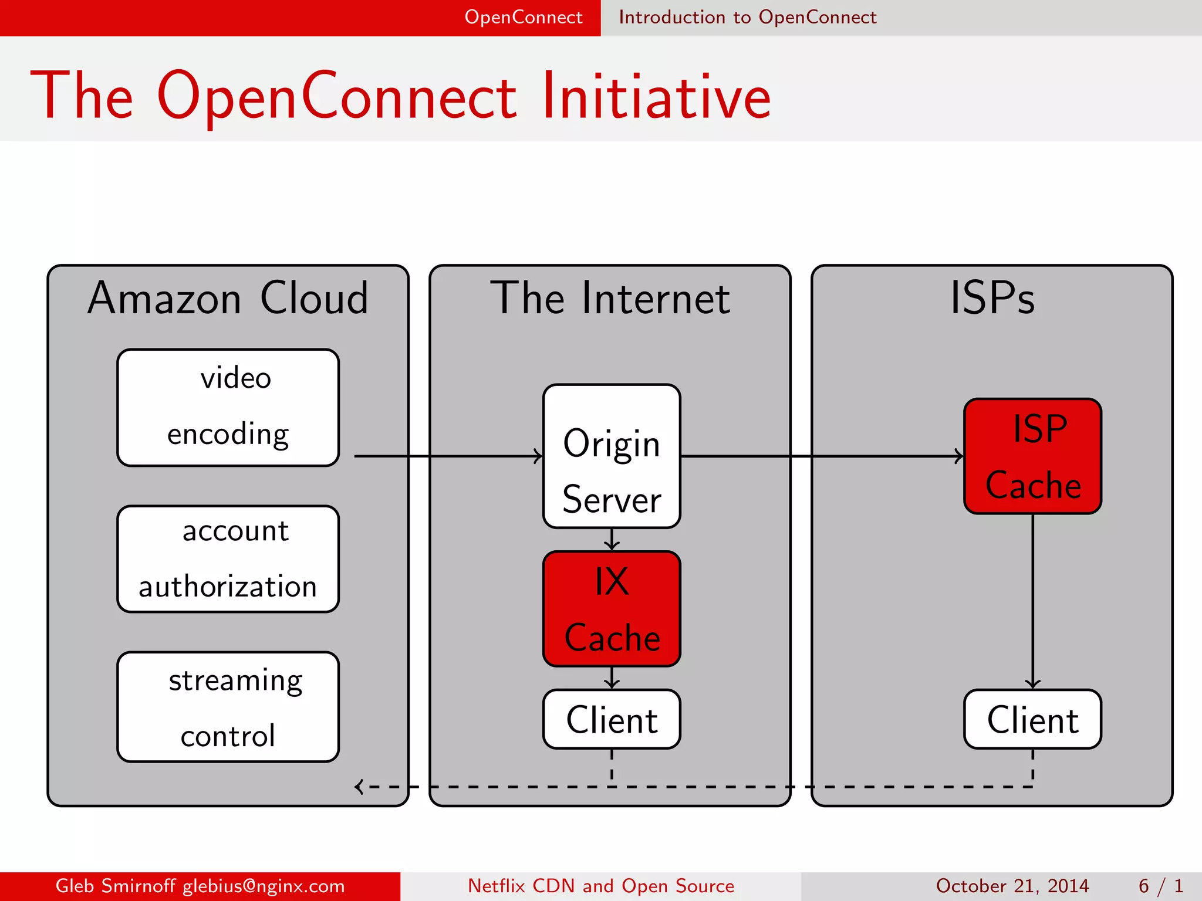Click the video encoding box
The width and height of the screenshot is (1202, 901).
[228, 408]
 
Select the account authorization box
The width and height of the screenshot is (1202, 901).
[228, 558]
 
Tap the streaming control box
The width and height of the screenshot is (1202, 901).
[228, 707]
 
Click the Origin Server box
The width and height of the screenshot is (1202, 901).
[612, 456]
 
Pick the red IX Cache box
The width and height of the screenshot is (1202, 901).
[612, 608]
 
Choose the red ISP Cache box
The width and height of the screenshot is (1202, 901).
[1032, 456]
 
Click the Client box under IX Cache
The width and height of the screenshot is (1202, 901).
[612, 719]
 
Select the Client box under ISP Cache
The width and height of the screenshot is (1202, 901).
[1032, 719]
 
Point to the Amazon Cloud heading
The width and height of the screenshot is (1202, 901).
[228, 298]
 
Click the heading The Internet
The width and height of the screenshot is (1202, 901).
[610, 298]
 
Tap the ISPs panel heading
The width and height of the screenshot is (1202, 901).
[992, 298]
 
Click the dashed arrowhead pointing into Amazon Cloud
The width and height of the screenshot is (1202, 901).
[359, 787]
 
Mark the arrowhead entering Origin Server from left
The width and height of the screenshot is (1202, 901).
[538, 456]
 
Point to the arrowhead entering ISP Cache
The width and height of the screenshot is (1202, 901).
[959, 456]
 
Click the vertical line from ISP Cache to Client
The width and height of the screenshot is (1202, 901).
[1032, 598]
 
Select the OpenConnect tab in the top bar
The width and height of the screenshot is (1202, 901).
[524, 17]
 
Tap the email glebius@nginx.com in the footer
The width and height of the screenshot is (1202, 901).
[264, 886]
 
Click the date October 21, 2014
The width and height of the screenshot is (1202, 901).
[1012, 886]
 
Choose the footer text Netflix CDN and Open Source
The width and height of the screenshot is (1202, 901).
[601, 886]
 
